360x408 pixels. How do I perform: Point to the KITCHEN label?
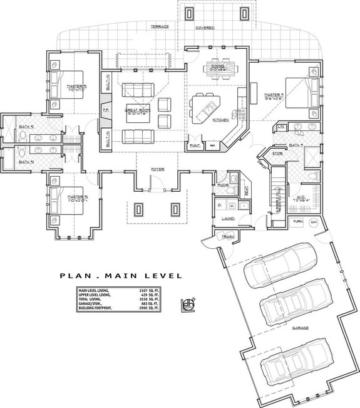pyautogui.click(x=220, y=119)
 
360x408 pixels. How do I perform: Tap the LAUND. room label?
pyautogui.click(x=228, y=218)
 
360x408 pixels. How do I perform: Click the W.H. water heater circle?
pyautogui.click(x=314, y=222)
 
